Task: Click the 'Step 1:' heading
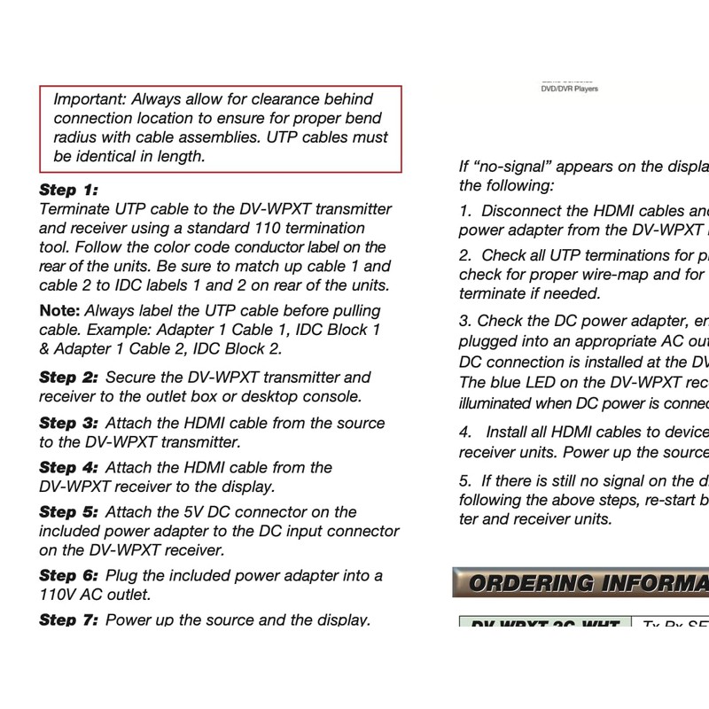[68, 190]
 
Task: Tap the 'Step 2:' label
[68, 378]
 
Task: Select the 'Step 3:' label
[68, 423]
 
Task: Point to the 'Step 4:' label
[68, 467]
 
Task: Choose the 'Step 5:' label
[68, 511]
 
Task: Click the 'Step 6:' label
[68, 575]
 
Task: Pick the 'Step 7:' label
[68, 619]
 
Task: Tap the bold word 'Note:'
[58, 311]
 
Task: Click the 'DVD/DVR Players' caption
[569, 89]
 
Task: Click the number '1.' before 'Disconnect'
[466, 211]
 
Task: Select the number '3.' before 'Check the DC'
[466, 321]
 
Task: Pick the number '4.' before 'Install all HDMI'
[466, 432]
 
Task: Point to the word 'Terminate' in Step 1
[75, 209]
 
